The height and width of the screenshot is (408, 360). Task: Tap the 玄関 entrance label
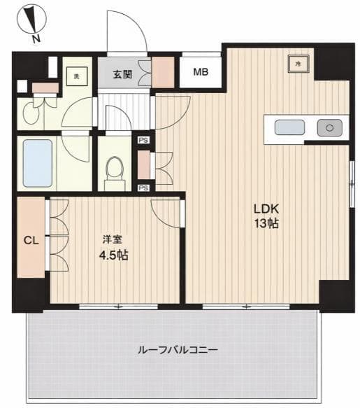[122, 74]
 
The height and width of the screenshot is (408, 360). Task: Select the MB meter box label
[201, 72]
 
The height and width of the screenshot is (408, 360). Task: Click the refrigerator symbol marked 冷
[298, 64]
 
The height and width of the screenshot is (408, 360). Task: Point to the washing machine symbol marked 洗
[77, 76]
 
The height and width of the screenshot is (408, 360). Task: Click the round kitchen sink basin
[329, 128]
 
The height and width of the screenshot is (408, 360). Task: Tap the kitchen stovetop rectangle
[289, 127]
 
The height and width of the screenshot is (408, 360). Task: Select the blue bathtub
[38, 163]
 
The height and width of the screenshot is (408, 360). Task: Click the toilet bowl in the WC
[115, 169]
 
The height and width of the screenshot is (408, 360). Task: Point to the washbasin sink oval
[31, 115]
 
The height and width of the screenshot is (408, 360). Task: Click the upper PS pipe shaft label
[143, 140]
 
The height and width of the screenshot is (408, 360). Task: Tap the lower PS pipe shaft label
[143, 188]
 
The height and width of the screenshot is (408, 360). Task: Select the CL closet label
[31, 241]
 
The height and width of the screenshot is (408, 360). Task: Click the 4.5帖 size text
[113, 255]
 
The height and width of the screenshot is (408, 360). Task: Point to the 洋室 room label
[113, 239]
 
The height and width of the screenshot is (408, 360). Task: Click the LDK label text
[266, 209]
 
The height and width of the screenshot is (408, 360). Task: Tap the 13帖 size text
[266, 223]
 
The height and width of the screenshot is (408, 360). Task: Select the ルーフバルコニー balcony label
[178, 350]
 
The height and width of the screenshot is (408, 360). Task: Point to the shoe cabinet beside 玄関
[163, 72]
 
